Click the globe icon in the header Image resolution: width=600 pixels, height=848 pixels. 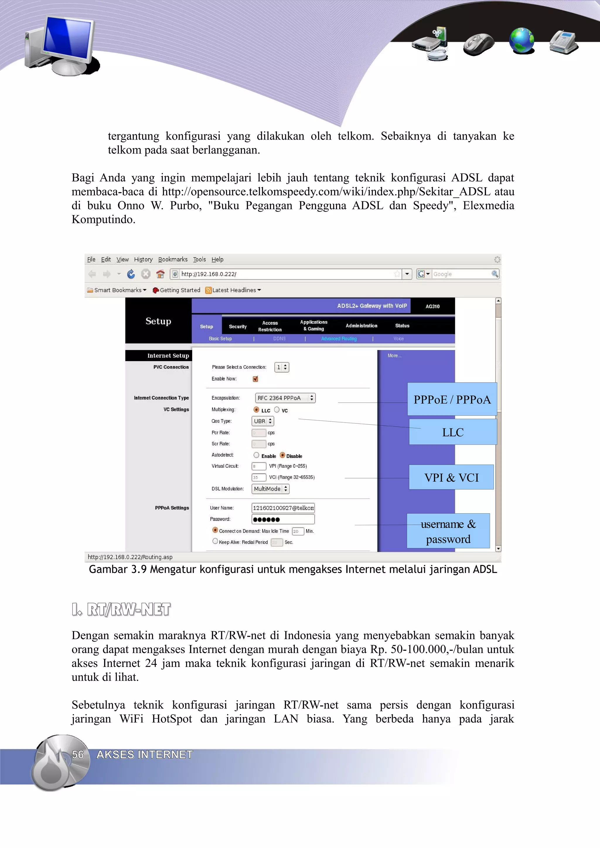[521, 41]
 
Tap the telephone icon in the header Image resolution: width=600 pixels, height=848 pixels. [563, 42]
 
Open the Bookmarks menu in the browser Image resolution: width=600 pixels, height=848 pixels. [173, 259]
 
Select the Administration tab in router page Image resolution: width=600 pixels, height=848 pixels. [361, 326]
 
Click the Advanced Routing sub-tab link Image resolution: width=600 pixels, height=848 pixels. [339, 339]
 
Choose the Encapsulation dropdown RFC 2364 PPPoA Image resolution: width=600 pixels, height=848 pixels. [285, 398]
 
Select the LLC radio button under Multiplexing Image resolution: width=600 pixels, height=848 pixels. [256, 410]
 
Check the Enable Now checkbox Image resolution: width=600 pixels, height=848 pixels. [255, 379]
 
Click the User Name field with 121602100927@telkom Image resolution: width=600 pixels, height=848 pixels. [283, 508]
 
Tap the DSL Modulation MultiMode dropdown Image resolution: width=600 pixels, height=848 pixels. [270, 489]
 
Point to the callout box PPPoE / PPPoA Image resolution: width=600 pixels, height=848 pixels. [452, 399]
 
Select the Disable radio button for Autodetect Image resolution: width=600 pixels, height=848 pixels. [282, 455]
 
